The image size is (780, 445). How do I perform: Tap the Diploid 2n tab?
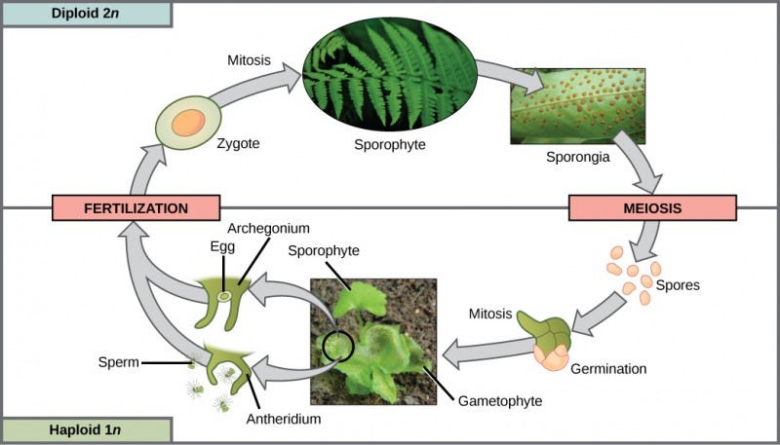[87, 14]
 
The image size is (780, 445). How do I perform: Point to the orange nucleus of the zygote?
[189, 123]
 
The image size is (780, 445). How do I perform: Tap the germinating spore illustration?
[551, 343]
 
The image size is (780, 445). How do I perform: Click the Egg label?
[222, 246]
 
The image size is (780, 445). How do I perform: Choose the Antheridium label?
[283, 419]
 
